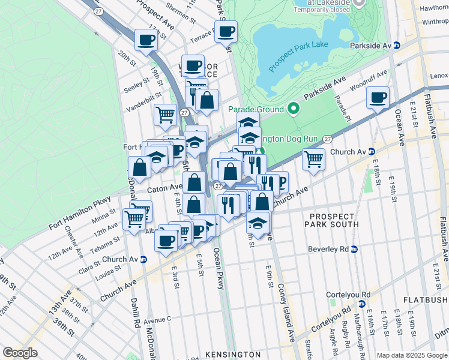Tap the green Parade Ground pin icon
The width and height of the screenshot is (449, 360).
tap(294, 109)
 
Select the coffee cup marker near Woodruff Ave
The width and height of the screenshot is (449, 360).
tap(378, 97)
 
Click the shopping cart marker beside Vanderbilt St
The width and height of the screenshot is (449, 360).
tap(165, 113)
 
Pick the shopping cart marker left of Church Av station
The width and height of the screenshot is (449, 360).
tap(313, 160)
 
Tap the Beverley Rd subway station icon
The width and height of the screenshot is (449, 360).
tap(354, 249)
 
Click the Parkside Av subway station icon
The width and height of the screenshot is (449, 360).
tap(397, 46)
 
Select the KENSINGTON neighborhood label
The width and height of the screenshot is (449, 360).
tap(232, 355)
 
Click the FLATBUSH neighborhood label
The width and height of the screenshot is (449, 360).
tap(425, 299)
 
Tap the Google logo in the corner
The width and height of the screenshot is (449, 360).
tap(20, 353)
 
